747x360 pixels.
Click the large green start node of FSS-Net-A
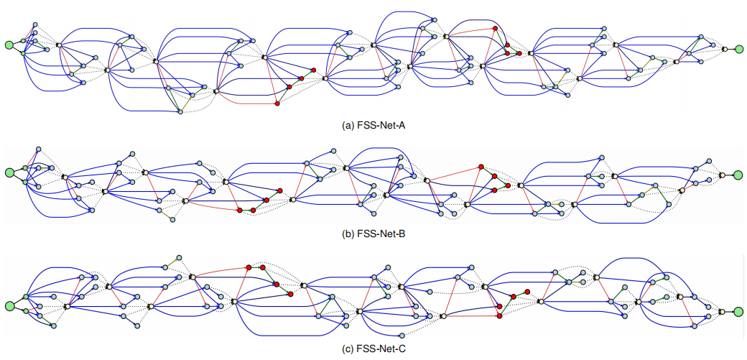pyautogui.click(x=9, y=45)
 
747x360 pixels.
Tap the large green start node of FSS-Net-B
pyautogui.click(x=9, y=172)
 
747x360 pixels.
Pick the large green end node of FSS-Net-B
pyautogui.click(x=738, y=175)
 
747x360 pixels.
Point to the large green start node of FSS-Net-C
pyautogui.click(x=9, y=306)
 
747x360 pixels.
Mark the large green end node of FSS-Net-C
pyautogui.click(x=738, y=311)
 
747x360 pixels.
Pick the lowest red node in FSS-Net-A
pyautogui.click(x=277, y=104)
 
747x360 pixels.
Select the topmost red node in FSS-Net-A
pyautogui.click(x=495, y=28)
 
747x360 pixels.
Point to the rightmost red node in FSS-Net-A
pyautogui.click(x=519, y=53)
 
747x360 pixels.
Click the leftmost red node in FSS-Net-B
pyautogui.click(x=239, y=210)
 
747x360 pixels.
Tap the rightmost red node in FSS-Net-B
pyautogui.click(x=508, y=185)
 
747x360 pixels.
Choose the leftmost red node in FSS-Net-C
pyautogui.click(x=248, y=267)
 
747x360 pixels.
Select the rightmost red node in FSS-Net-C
pyautogui.click(x=527, y=291)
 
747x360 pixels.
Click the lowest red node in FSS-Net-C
pyautogui.click(x=499, y=315)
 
